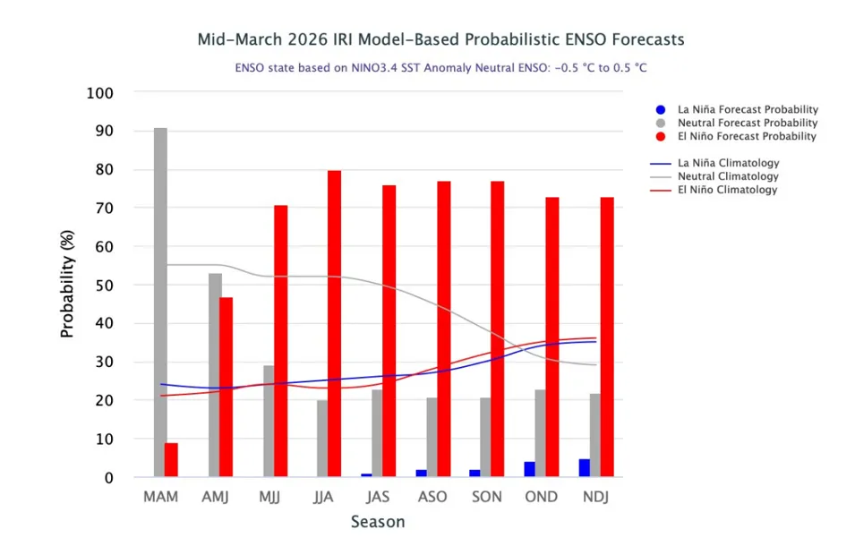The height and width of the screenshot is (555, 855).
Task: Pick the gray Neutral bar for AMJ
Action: pos(215,375)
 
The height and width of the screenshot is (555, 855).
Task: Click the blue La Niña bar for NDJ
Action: pos(585,468)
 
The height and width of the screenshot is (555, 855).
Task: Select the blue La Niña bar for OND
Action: pos(530,469)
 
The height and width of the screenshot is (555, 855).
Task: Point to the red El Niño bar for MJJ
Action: pos(280,341)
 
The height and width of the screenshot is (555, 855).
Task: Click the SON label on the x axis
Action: pos(487,497)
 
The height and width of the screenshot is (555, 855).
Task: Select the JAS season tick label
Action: pos(378,497)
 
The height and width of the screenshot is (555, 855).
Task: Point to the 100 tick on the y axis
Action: pos(100,93)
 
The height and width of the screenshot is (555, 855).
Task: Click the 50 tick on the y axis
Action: pos(106,286)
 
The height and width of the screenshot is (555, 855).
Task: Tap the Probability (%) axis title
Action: pos(68,285)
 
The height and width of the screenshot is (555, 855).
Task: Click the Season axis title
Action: pos(377,522)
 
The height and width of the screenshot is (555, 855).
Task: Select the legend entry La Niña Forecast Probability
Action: pos(748,110)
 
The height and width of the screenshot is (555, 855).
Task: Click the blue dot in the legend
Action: pos(660,110)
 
